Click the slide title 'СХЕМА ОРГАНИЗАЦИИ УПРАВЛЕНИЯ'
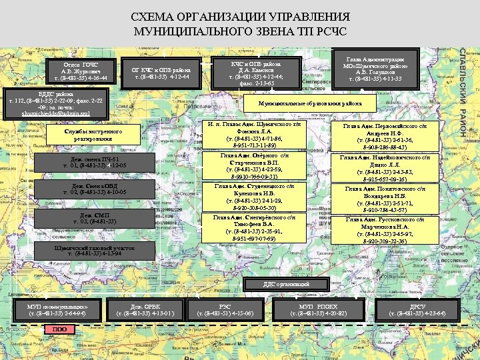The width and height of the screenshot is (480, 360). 239,18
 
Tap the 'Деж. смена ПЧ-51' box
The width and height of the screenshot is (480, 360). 95,163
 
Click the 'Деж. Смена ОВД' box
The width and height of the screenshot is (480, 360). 95,189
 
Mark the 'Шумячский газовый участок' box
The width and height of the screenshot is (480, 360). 95,250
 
